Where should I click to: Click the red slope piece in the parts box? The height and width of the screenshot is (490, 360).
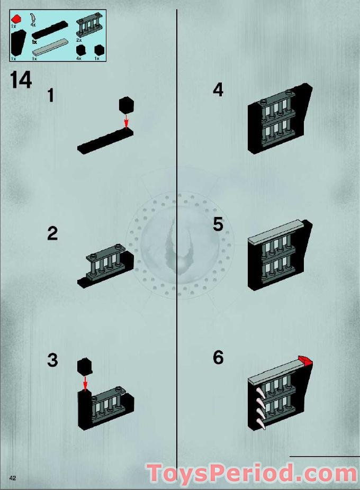tap(17, 19)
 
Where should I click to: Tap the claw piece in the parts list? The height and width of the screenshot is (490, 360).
tap(33, 17)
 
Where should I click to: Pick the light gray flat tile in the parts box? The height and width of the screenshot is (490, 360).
tap(50, 47)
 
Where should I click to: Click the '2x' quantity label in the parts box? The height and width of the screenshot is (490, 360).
tap(79, 40)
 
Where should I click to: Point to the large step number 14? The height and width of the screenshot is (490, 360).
tap(21, 80)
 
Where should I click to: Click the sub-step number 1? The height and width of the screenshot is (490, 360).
tap(51, 95)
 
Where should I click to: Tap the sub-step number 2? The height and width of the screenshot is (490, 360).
tap(52, 233)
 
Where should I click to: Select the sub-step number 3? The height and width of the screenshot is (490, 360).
tap(52, 360)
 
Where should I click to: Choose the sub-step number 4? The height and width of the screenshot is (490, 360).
tap(218, 89)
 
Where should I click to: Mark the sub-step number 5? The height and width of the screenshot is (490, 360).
tap(218, 225)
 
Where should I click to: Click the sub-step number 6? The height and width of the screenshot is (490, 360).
tap(218, 357)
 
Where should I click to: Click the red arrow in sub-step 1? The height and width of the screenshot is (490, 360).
tap(126, 121)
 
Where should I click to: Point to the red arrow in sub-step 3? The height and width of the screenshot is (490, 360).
tap(85, 384)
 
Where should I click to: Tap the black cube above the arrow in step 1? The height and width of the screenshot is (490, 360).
tap(127, 105)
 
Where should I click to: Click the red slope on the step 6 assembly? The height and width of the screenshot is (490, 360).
tap(305, 361)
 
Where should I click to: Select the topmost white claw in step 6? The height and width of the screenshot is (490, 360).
tap(260, 392)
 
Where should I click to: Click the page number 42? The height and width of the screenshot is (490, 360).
tap(13, 478)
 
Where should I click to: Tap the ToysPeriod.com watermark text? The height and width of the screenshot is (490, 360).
tap(252, 474)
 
